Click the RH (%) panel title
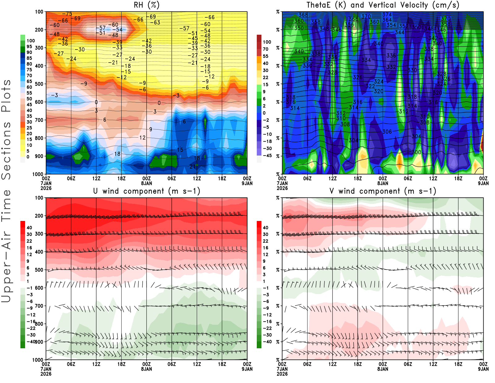[147, 5]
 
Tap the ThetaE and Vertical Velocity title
[383, 5]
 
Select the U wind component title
[147, 191]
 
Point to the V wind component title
[383, 191]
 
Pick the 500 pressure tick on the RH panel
[39, 84]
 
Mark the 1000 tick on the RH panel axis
[38, 174]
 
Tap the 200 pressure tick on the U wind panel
[39, 216]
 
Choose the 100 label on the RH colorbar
[31, 41]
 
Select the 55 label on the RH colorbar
[29, 93]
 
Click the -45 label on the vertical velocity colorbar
[267, 156]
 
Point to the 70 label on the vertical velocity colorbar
[265, 49]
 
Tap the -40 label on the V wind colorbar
[267, 342]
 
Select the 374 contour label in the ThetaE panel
[387, 15]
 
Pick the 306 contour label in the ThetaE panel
[387, 132]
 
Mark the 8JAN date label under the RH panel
[147, 183]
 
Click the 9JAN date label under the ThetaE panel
[483, 183]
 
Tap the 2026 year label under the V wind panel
[282, 374]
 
